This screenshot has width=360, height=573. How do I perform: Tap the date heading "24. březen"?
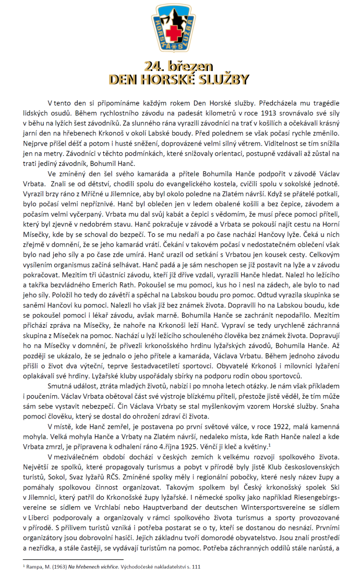(179, 67)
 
